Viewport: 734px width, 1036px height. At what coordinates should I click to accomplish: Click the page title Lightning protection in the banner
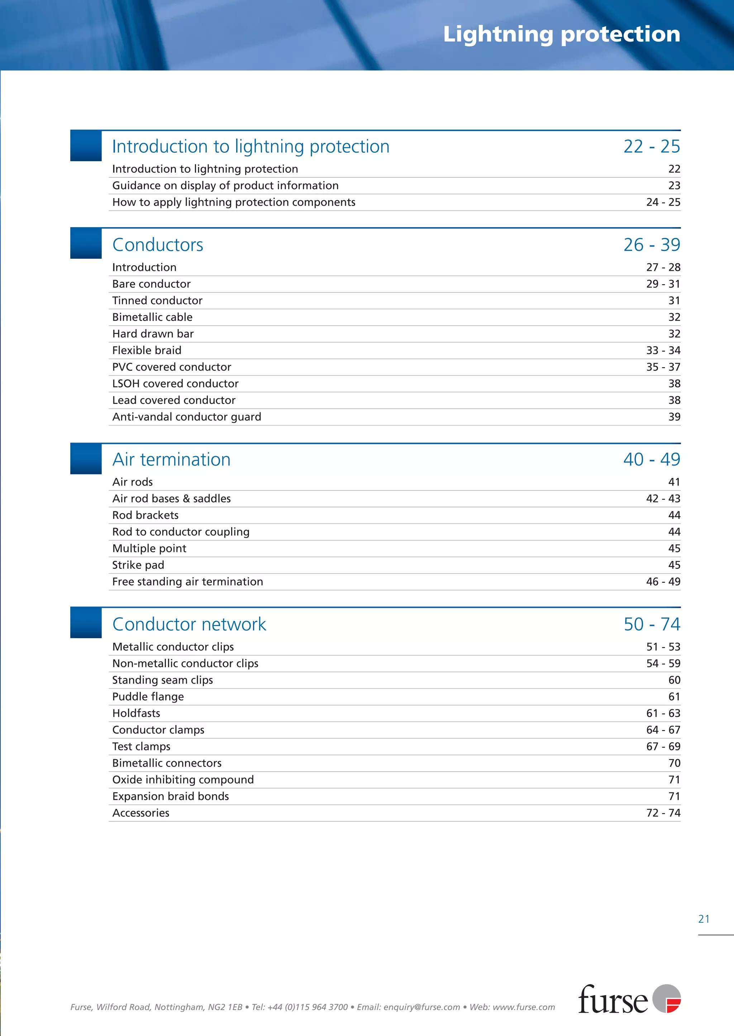[561, 34]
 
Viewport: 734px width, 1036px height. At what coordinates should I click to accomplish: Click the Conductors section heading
[158, 245]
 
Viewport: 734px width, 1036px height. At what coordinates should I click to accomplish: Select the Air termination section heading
[171, 459]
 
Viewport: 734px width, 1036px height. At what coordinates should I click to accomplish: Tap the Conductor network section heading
[189, 624]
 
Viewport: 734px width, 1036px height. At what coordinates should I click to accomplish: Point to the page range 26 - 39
[651, 245]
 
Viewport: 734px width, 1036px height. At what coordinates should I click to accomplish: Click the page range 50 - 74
[651, 624]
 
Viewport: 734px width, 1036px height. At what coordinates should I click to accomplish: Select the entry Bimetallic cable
[152, 317]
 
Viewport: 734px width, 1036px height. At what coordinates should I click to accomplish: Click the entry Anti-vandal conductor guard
[187, 416]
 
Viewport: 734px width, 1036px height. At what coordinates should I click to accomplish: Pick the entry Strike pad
[138, 565]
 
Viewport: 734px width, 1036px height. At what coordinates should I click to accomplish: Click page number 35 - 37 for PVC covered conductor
[663, 367]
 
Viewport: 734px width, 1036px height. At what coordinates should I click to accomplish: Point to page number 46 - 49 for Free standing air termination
[663, 582]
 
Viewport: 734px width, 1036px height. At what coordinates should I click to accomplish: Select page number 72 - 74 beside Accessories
[663, 813]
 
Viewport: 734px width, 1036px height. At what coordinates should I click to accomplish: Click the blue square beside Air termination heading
[86, 459]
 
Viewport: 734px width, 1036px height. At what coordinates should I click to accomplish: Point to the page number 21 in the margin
[704, 919]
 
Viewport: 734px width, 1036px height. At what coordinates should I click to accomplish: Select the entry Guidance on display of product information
[225, 186]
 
